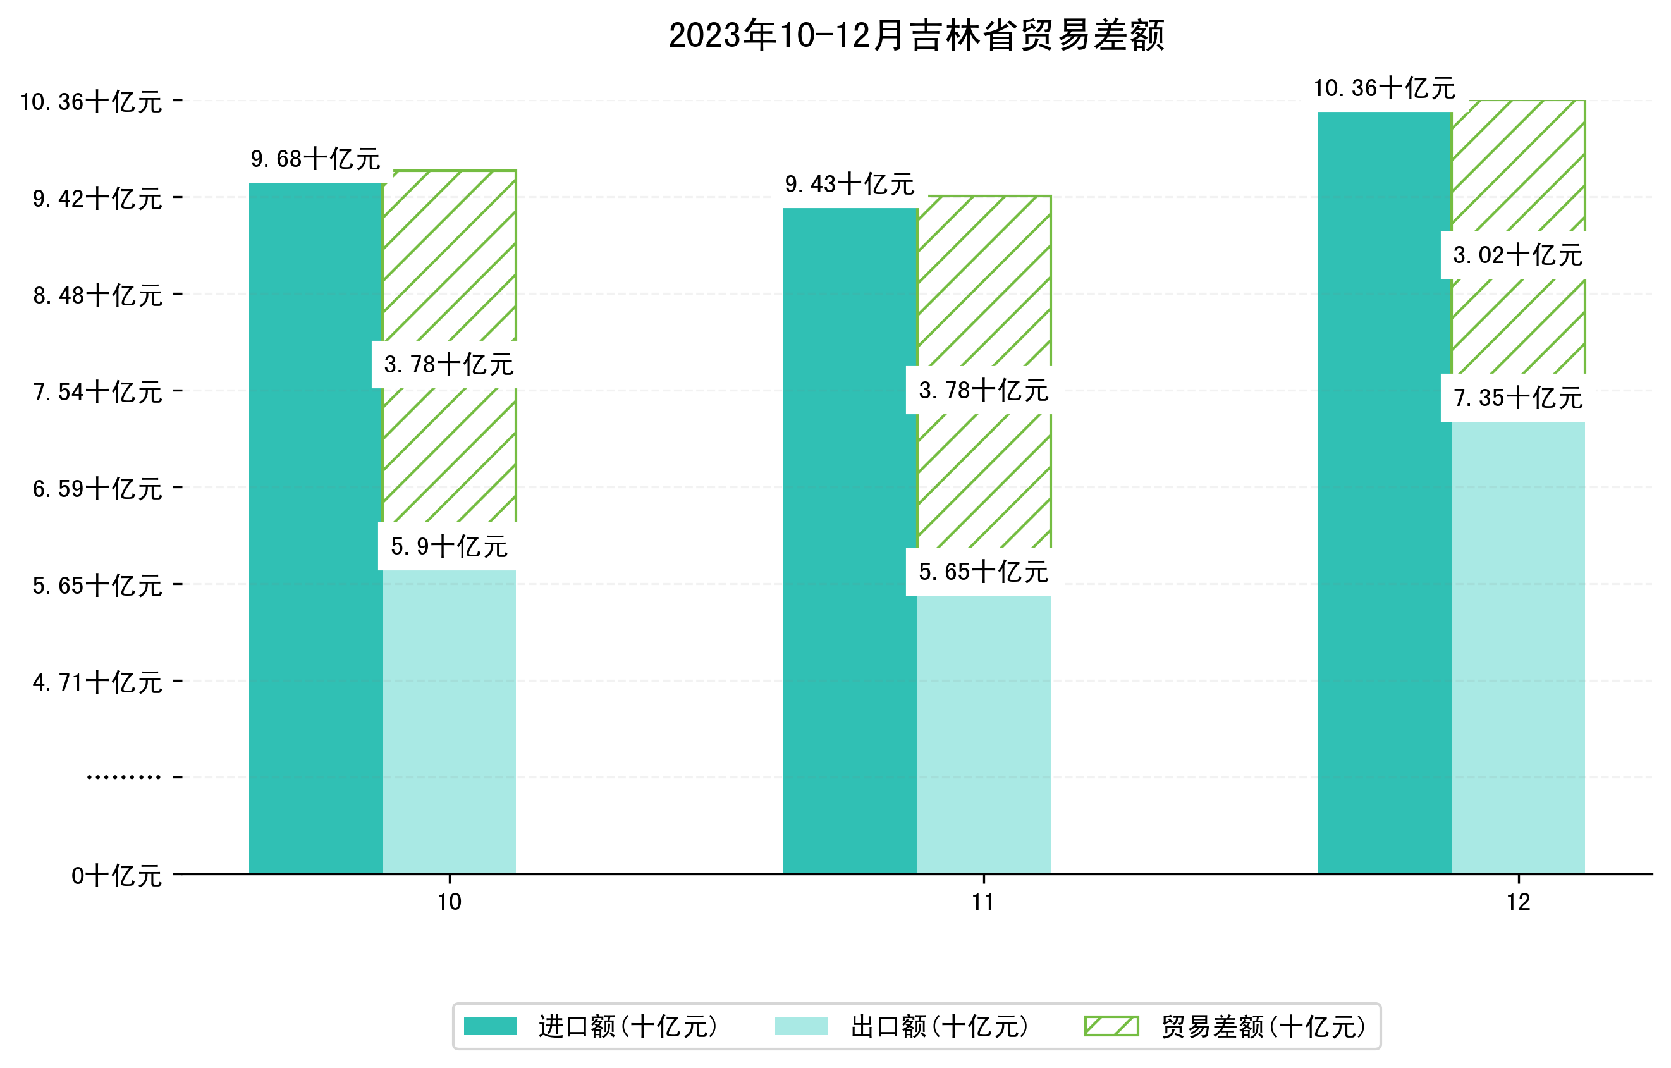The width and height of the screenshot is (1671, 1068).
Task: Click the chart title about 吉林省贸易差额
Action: [916, 35]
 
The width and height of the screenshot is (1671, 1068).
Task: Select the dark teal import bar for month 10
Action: [315, 527]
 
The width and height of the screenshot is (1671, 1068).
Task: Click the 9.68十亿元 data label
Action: [315, 159]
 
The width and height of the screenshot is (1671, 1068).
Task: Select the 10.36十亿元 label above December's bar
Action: [1385, 88]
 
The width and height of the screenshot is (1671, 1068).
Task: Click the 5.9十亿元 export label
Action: [449, 547]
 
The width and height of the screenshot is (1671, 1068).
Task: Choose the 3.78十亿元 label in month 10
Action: [448, 364]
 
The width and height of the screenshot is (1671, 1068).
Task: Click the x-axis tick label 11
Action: [983, 902]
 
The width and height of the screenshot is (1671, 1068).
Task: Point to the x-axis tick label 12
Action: [1519, 902]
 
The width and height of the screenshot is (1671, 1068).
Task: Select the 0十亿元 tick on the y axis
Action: [116, 876]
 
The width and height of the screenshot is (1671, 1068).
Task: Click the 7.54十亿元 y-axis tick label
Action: [98, 392]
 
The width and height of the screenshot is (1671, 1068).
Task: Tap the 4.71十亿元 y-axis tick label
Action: [98, 682]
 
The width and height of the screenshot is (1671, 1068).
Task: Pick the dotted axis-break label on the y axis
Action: [123, 777]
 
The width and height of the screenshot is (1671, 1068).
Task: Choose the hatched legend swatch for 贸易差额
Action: [1111, 1026]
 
